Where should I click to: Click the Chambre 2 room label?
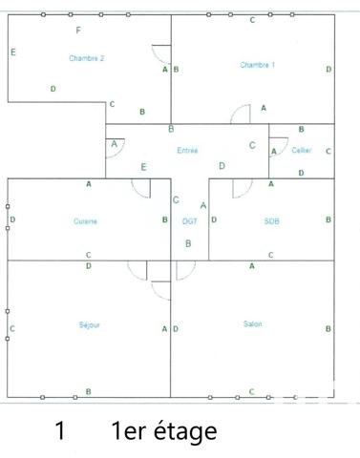[x=86, y=58]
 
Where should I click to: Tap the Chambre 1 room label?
[x=257, y=65]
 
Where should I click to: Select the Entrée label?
[x=188, y=151]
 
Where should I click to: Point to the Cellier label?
[x=302, y=151]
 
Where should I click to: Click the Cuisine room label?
[x=85, y=221]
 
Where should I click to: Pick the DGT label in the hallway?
[x=189, y=221]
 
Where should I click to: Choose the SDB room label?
[x=271, y=221]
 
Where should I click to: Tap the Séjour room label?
[x=90, y=324]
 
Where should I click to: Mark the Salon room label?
[x=253, y=324]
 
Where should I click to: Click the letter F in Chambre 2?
[x=77, y=31]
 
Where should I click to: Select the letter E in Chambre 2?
[x=13, y=52]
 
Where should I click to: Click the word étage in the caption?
[x=178, y=431]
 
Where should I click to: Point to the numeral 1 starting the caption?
[x=60, y=431]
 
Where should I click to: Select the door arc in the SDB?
[x=242, y=187]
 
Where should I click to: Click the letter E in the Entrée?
[x=144, y=167]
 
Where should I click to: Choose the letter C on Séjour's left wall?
[x=12, y=329]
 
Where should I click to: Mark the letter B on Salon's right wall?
[x=328, y=329]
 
